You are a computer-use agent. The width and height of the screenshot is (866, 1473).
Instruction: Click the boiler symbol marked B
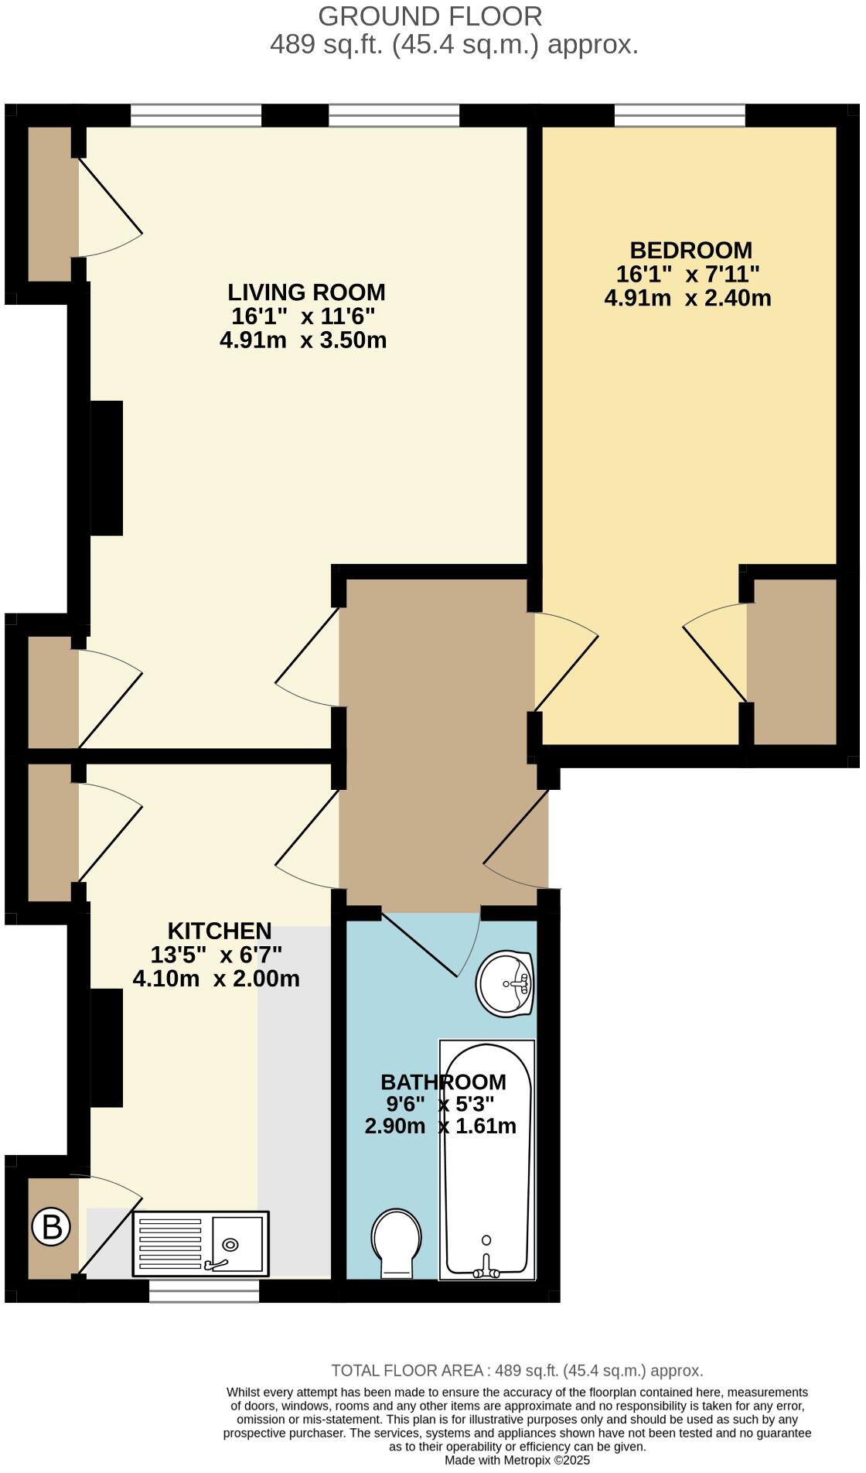(51, 1227)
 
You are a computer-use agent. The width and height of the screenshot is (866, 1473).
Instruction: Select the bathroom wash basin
(505, 983)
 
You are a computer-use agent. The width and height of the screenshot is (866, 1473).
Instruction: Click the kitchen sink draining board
(169, 1244)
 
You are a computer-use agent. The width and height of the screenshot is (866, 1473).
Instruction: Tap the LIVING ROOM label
(306, 292)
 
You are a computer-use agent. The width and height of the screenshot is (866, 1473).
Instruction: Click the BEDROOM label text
(690, 251)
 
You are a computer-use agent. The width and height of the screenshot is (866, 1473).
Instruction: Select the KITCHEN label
(220, 931)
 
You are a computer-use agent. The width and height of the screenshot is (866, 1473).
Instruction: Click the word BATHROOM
(443, 1082)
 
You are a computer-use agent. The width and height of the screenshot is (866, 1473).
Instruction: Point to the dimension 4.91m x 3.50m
(303, 340)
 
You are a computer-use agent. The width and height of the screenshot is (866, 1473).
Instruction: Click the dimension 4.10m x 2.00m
(216, 979)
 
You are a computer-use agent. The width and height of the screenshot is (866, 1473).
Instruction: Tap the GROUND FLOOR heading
(430, 16)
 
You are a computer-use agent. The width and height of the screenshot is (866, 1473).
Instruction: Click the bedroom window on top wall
(680, 116)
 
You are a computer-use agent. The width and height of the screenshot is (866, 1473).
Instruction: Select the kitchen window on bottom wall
(204, 1291)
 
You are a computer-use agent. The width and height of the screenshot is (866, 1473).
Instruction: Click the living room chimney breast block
(107, 467)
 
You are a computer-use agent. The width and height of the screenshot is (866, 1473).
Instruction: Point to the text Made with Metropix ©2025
(517, 1460)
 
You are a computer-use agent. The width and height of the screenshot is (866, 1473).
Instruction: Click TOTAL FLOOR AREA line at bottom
(517, 1371)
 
